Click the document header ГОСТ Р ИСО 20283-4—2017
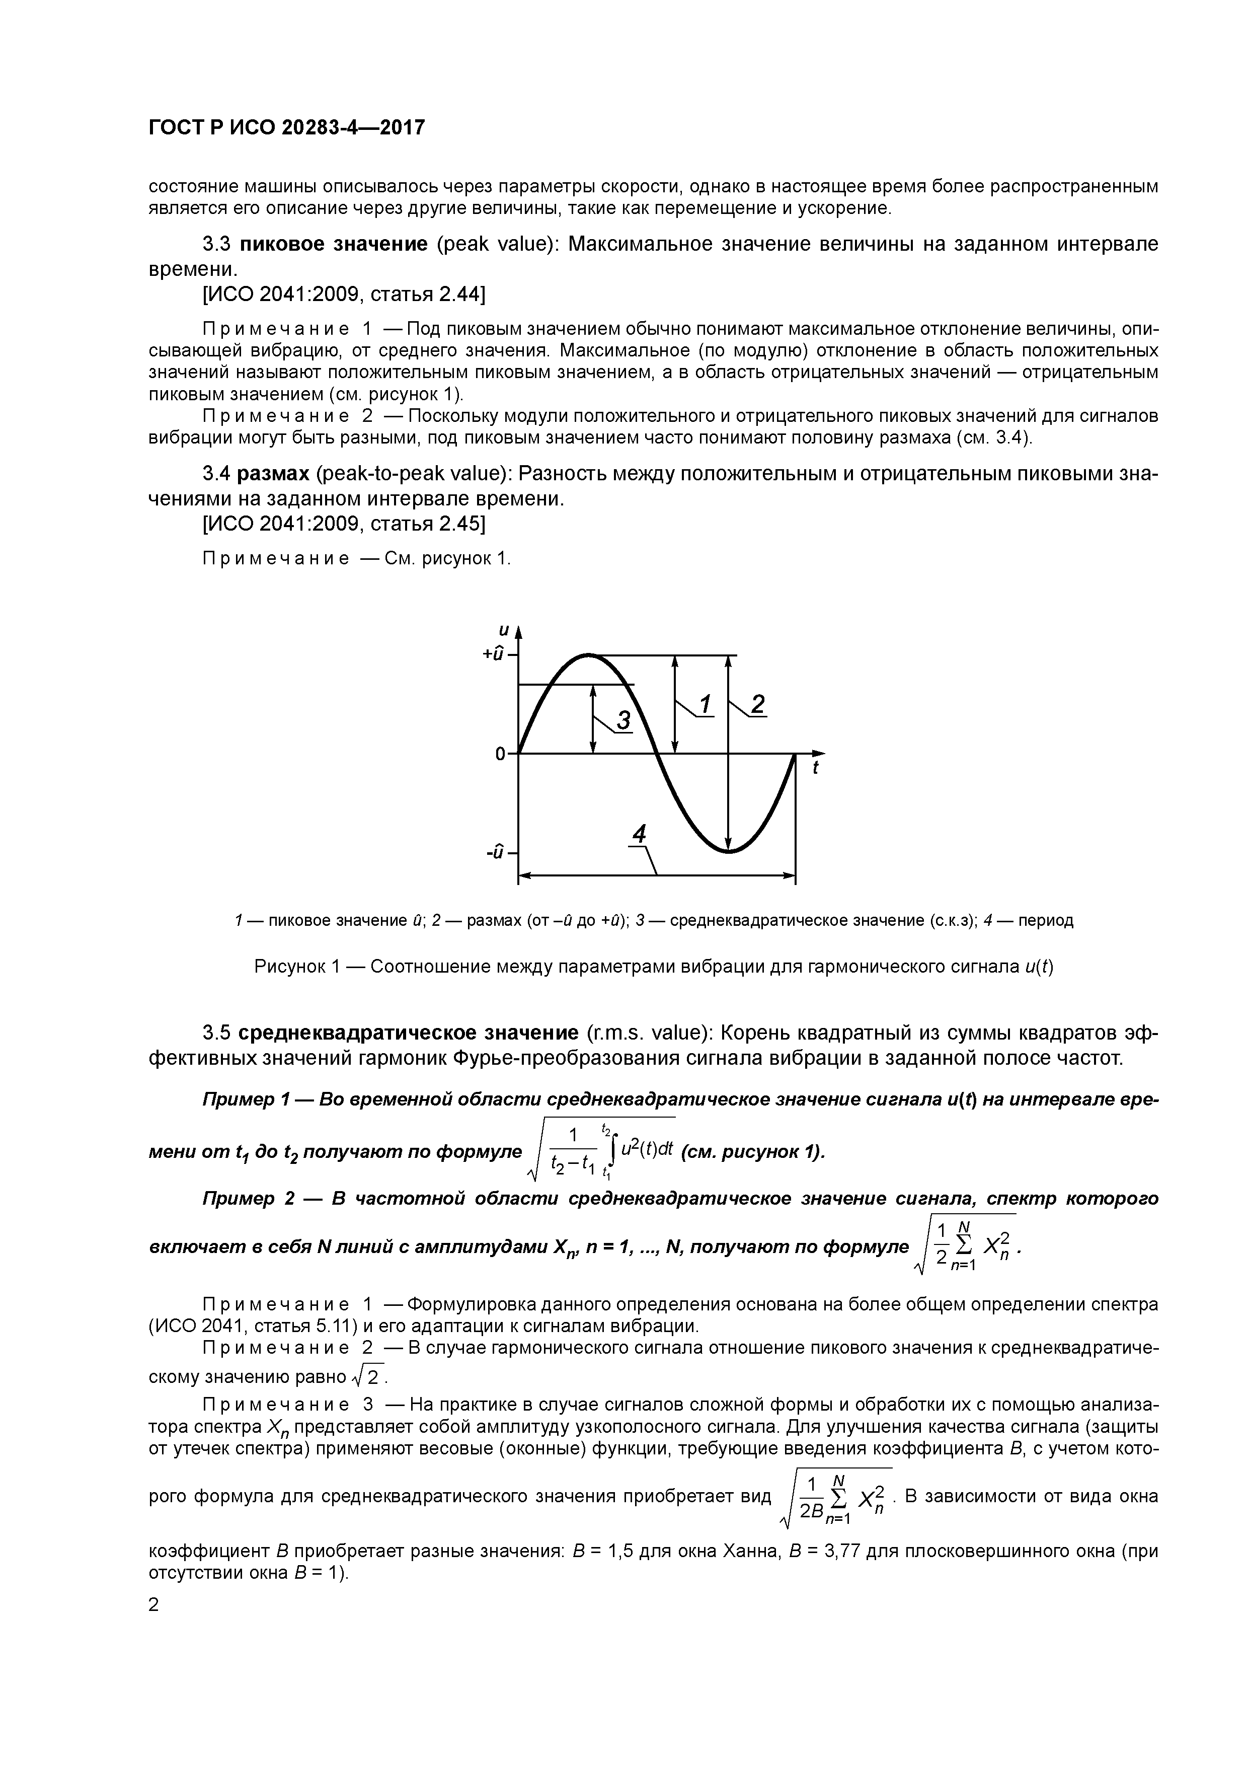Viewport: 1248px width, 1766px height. pos(286,128)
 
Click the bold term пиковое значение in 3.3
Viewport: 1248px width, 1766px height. pos(334,245)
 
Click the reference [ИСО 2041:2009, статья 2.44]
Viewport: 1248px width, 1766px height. pos(343,295)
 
